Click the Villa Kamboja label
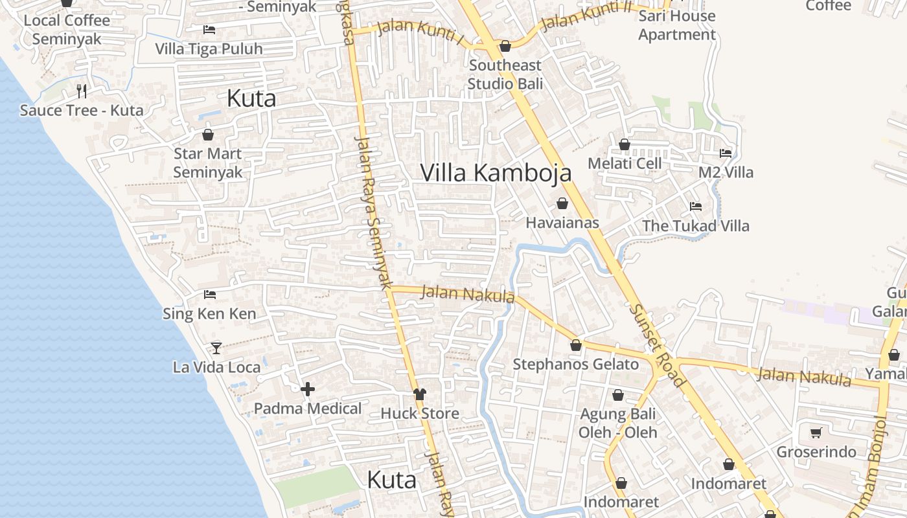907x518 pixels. [496, 173]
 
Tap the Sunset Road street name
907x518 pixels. [656, 346]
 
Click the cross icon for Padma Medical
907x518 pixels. [308, 389]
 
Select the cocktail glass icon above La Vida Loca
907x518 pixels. [216, 348]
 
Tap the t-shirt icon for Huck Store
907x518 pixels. [420, 394]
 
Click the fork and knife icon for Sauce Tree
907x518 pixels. [82, 91]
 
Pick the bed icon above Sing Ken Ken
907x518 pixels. [210, 295]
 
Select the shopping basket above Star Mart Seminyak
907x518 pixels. [208, 135]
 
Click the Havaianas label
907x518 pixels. [562, 223]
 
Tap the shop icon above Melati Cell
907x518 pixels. [625, 144]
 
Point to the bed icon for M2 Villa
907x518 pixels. [726, 153]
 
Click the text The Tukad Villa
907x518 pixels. [695, 226]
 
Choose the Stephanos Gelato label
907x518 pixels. [575, 365]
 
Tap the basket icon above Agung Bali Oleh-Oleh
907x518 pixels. [618, 395]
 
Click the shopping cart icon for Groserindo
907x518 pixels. [816, 433]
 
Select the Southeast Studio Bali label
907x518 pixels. [505, 74]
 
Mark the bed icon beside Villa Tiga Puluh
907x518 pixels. [209, 30]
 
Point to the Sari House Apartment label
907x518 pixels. [677, 25]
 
